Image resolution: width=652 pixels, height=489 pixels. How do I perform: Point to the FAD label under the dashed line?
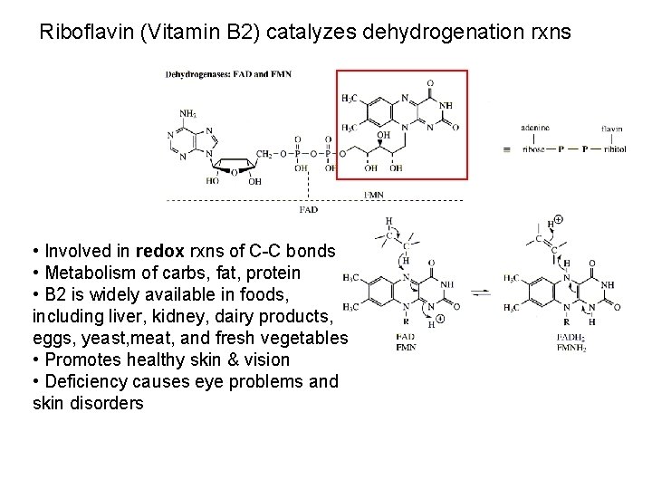pos(308,210)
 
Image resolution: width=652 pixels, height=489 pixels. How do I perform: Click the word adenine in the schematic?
pos(535,129)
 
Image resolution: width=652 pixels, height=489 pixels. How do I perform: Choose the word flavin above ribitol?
pos(611,129)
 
